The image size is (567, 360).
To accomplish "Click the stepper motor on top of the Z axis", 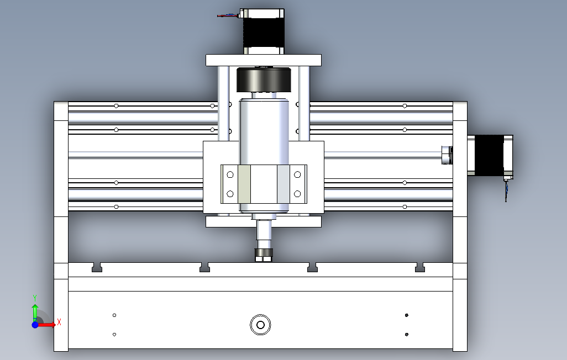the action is tap(264, 31).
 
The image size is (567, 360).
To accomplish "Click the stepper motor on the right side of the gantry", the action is tap(490, 156).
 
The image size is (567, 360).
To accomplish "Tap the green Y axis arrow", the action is tap(35, 311).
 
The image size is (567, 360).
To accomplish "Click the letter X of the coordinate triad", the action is tap(59, 322).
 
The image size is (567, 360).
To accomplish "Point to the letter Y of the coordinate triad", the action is tap(35, 298).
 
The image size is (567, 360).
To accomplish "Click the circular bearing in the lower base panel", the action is tap(260, 325).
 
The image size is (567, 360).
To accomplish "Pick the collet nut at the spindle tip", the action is tap(264, 255).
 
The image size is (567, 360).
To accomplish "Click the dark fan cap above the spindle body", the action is tap(264, 80).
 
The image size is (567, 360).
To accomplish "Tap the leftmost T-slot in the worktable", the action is tap(97, 267).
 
